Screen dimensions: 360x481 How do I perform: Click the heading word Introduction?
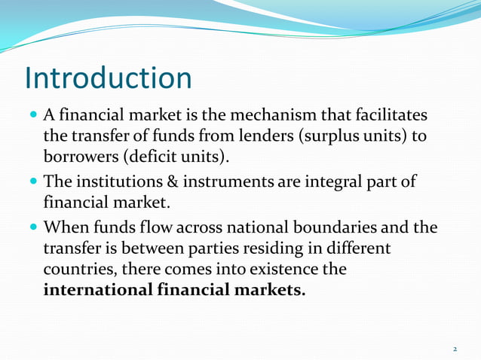[109, 78]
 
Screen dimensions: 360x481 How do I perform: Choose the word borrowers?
[79, 157]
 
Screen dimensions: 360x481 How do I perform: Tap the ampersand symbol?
[173, 183]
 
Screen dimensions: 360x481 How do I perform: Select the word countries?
[76, 269]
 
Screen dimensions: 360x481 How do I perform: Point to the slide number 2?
[455, 349]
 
